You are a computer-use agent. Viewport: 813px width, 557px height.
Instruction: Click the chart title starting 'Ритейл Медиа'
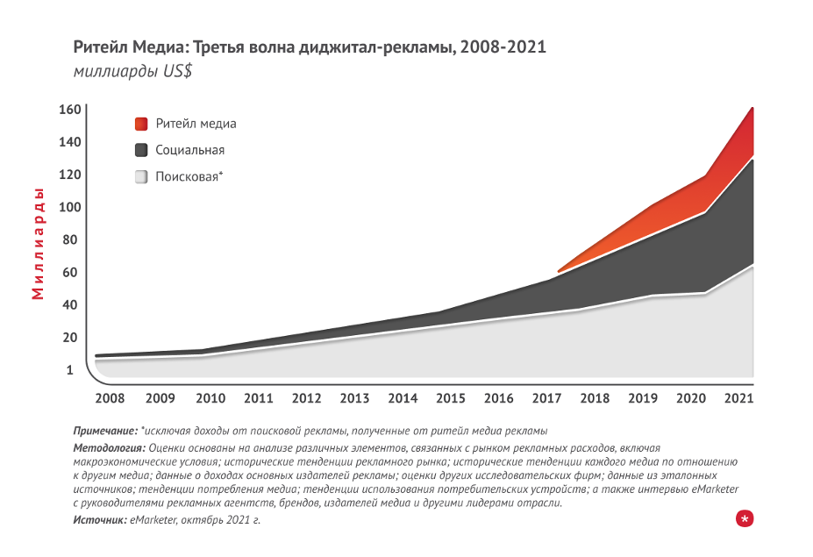point(310,46)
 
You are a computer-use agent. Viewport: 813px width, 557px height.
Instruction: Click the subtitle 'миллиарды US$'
point(132,72)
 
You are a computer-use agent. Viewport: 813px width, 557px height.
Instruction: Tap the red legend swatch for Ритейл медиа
point(141,124)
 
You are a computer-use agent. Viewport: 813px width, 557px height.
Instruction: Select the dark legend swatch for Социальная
point(141,150)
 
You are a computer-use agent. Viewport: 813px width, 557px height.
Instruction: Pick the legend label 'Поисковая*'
point(189,177)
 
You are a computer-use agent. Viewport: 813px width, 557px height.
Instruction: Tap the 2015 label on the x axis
point(450,398)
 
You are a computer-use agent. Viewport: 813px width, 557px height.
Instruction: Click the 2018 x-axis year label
point(595,398)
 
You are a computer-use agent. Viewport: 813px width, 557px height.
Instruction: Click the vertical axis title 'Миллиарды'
point(39,243)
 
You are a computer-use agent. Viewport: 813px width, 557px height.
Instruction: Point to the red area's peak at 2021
point(752,109)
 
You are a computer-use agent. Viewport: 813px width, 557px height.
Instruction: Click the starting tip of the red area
point(560,270)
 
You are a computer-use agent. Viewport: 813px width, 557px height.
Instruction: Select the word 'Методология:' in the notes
point(109,448)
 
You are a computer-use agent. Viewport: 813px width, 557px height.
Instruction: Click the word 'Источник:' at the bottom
point(100,520)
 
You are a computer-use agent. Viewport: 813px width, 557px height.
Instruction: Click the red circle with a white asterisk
point(745,519)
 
